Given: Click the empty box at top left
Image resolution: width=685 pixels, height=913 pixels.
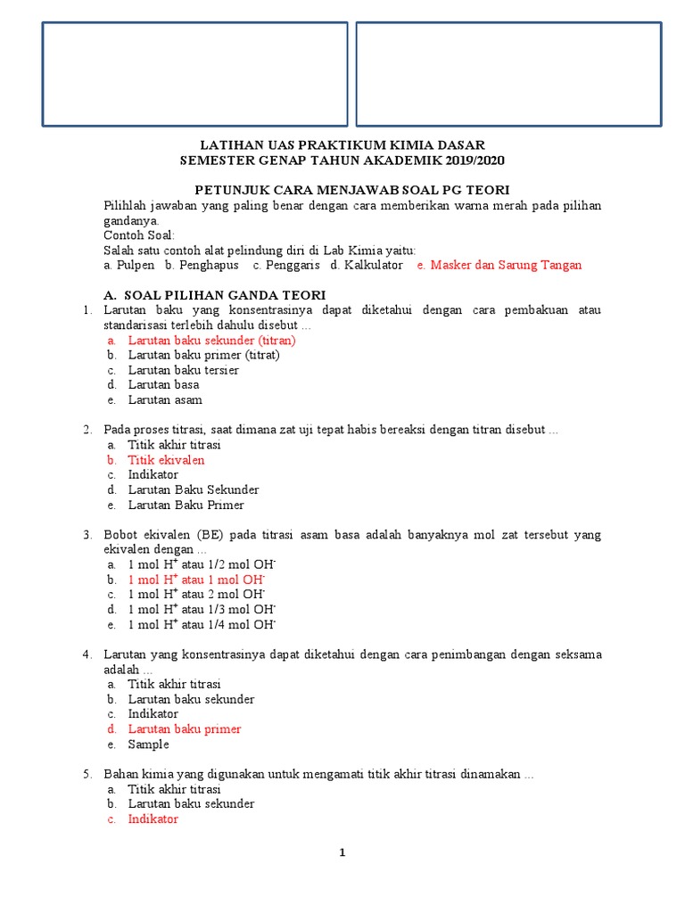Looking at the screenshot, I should pyautogui.click(x=194, y=74).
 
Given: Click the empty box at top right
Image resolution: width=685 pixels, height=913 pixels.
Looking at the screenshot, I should pyautogui.click(x=508, y=74).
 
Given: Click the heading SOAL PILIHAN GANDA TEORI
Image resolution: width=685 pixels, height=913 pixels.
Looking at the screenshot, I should pyautogui.click(x=225, y=294).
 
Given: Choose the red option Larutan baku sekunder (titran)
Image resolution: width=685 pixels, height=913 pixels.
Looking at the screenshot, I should pyautogui.click(x=211, y=340).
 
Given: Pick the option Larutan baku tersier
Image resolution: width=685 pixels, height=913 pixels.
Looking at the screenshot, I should pyautogui.click(x=183, y=370).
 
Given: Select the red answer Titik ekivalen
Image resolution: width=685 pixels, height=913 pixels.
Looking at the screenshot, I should pyautogui.click(x=166, y=460).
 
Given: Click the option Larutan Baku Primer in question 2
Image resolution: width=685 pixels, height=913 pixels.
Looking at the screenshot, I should pyautogui.click(x=186, y=505).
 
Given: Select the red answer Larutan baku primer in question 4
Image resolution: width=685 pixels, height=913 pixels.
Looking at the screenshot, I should pyautogui.click(x=184, y=728).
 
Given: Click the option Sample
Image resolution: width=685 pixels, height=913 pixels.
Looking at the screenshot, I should pyautogui.click(x=148, y=744).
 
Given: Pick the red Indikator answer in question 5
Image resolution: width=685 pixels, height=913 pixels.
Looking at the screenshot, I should pyautogui.click(x=153, y=818).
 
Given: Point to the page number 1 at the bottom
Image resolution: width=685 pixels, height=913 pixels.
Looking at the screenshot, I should pyautogui.click(x=342, y=852).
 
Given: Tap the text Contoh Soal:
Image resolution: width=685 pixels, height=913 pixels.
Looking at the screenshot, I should pyautogui.click(x=140, y=235).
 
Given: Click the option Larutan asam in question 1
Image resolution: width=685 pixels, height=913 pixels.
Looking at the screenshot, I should pyautogui.click(x=164, y=399).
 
